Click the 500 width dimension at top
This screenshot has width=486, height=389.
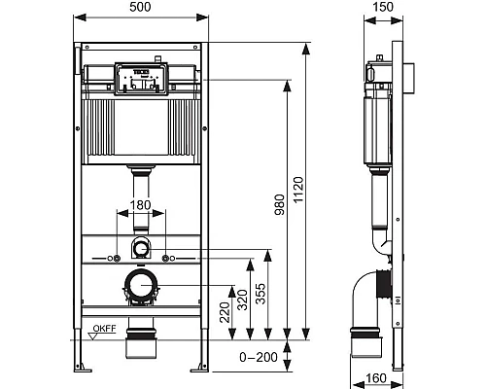pyautogui.click(x=142, y=9)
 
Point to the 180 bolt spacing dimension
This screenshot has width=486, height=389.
pyautogui.click(x=142, y=205)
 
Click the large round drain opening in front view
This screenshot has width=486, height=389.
pyautogui.click(x=142, y=286)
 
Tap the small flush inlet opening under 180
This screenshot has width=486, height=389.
pyautogui.click(x=142, y=246)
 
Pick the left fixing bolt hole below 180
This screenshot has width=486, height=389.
pyautogui.click(x=116, y=258)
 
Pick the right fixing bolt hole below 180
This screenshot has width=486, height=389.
pyautogui.click(x=168, y=258)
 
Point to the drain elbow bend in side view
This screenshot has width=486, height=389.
pyautogui.click(x=368, y=292)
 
